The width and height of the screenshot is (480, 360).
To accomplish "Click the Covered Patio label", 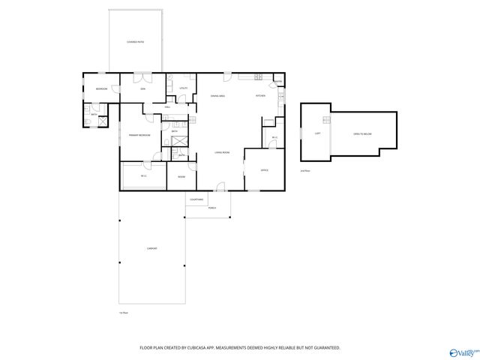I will pyautogui.click(x=135, y=42).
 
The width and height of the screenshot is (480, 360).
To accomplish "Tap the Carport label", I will pyautogui.click(x=151, y=248).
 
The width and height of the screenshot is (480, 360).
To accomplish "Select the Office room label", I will pyautogui.click(x=265, y=171).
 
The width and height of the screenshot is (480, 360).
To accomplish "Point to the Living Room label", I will pyautogui.click(x=221, y=152).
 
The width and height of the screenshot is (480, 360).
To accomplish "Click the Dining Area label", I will pyautogui.click(x=218, y=96).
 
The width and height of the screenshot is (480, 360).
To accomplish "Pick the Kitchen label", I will pyautogui.click(x=261, y=96).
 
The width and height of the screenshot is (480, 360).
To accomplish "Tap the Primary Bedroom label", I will pyautogui.click(x=139, y=134).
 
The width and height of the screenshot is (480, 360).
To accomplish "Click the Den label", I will pyautogui.click(x=143, y=89).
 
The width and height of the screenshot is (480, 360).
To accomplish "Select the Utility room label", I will pyautogui.click(x=183, y=88).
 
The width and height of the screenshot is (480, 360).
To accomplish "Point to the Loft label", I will pyautogui.click(x=318, y=133).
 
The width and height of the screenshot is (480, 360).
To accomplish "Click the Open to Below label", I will pyautogui.click(x=361, y=133).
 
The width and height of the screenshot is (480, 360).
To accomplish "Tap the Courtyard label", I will pyautogui.click(x=196, y=199).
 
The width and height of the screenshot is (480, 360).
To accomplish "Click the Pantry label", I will pyautogui.click(x=277, y=81).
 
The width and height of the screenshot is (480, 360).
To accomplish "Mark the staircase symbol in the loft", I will pyautogui.click(x=327, y=121).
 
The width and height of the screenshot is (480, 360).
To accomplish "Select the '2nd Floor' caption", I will pyautogui.click(x=304, y=170).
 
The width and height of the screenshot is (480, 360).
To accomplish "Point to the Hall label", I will pyautogui.click(x=168, y=106).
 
